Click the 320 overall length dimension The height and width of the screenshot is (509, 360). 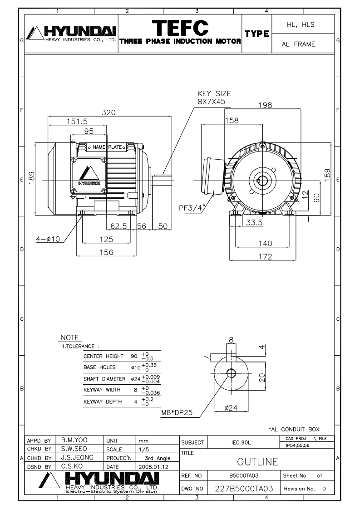(x=109, y=113)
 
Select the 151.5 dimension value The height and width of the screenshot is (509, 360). (x=77, y=122)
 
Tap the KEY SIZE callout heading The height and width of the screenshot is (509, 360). (x=214, y=94)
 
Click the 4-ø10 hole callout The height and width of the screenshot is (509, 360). (x=48, y=239)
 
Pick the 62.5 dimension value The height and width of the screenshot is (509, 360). (x=119, y=226)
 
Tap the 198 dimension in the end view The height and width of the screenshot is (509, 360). (x=265, y=105)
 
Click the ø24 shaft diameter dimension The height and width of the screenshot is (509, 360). (x=231, y=408)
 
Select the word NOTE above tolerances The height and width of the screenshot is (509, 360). (x=70, y=338)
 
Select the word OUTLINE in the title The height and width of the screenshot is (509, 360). (x=257, y=461)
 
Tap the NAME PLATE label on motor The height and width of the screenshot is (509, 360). (x=108, y=147)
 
